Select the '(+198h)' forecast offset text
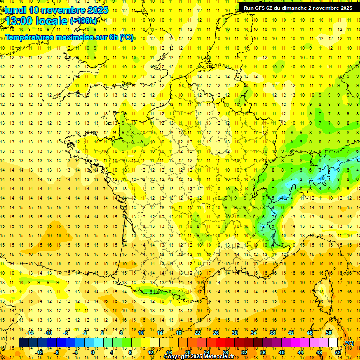click(83, 21)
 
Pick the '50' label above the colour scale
click(329, 333)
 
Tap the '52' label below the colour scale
click(337, 352)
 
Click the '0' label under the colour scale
click(93, 352)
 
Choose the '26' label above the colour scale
click(216, 333)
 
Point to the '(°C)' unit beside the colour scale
click(349, 343)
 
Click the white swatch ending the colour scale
click(333, 343)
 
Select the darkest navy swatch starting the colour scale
click(23, 343)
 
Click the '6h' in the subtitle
click(114, 37)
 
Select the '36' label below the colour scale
click(262, 352)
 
